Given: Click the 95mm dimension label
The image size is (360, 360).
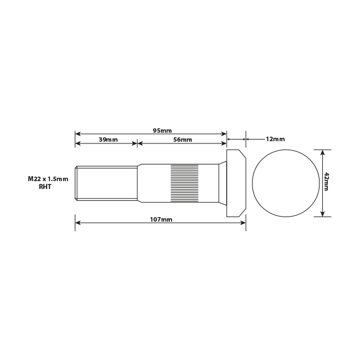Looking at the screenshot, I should click(162, 130).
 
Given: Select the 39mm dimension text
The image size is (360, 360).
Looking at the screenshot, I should click(108, 139).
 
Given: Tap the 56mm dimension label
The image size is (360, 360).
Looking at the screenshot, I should click(182, 139).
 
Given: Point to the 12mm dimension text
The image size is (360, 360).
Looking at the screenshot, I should click(274, 139).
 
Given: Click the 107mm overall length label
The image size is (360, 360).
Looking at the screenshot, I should click(162, 219).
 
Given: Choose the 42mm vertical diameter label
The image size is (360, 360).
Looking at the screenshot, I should click(327, 183).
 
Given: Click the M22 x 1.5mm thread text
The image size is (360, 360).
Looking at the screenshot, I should click(48, 179).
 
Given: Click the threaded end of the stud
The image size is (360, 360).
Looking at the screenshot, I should click(106, 182).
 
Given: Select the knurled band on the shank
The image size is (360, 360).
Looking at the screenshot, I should click(184, 183).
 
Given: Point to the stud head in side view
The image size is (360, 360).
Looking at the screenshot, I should click(236, 183).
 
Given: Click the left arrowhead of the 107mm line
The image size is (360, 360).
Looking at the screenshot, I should click(78, 223).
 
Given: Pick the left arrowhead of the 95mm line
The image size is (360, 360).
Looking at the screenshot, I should click(78, 134).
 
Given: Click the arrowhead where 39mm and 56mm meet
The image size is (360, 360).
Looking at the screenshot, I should click(137, 143).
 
